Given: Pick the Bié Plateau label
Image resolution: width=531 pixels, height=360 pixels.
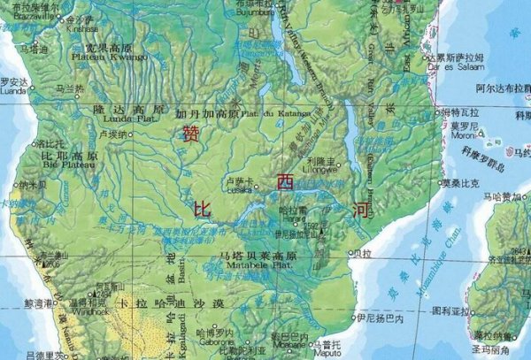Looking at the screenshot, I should tap(68, 163).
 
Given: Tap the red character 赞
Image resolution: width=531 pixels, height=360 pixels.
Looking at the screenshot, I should tap(189, 133).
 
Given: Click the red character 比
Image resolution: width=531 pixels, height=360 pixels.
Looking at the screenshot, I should tap(202, 210).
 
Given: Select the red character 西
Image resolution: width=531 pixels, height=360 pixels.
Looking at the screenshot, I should tap(285, 183).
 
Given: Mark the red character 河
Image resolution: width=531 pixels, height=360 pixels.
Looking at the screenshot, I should tap(360, 210).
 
